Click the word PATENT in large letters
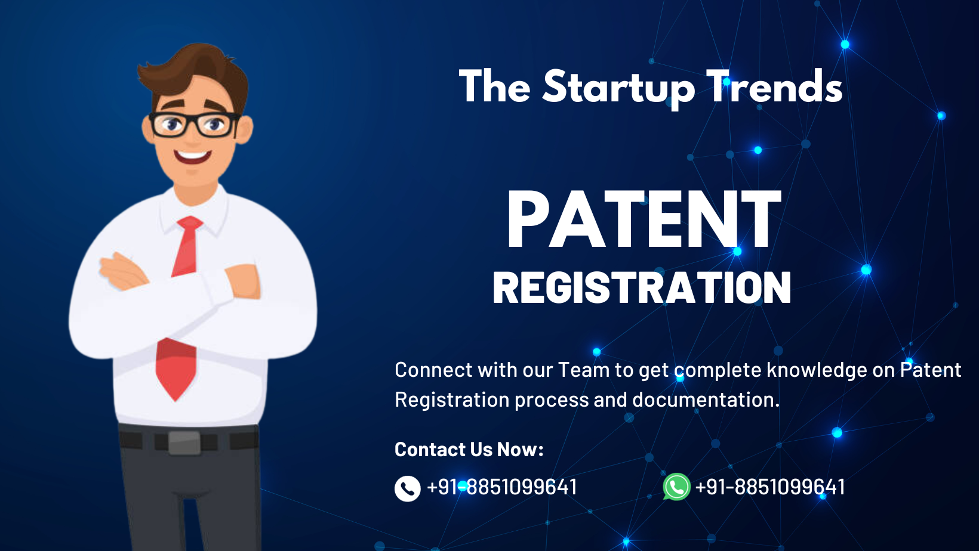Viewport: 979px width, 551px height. coord(644,219)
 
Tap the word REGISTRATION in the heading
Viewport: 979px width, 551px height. coord(642,287)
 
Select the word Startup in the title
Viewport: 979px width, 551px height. coord(618,87)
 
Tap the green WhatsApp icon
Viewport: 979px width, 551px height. coord(676,487)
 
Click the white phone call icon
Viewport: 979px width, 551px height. coord(407,488)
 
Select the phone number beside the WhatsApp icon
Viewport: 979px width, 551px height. coord(769,487)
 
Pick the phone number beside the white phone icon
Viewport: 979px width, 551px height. coord(501,487)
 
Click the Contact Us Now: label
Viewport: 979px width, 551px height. coord(469,449)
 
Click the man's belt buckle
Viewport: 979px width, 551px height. coord(184,442)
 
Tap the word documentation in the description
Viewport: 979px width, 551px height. coord(706,400)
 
